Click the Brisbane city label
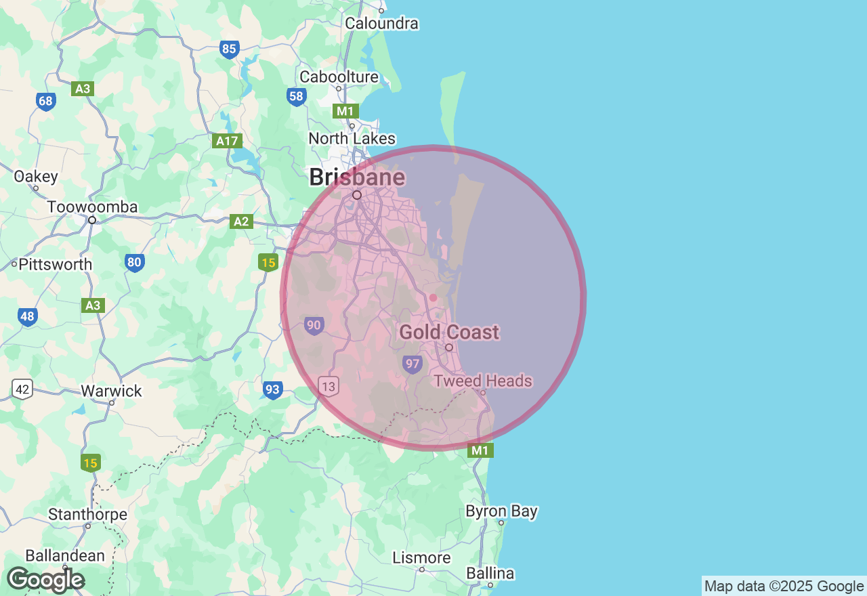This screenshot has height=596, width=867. point(357,177)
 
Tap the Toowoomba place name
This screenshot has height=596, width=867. point(92,207)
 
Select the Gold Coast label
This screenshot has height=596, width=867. point(449,332)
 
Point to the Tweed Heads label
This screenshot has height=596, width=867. point(483,381)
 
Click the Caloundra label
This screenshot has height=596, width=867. point(381,23)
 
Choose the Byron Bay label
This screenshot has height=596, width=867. point(501,511)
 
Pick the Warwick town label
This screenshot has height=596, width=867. point(112,391)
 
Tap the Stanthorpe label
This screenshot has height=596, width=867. point(87,514)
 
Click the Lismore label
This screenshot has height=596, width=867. point(421,557)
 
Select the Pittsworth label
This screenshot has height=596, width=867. point(56,264)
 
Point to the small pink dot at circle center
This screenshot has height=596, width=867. point(433,297)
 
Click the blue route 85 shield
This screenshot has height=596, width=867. point(230,49)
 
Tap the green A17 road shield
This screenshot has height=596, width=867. point(227,141)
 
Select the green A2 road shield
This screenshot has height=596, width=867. point(242,221)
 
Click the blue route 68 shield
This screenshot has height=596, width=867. point(45,102)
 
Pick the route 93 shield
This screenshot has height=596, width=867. point(272,389)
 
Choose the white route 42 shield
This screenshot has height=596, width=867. point(22,389)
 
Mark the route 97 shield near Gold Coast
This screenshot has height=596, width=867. point(412,364)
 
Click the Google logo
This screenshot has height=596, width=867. point(45,580)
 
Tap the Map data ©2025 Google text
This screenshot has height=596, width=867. point(784,586)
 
